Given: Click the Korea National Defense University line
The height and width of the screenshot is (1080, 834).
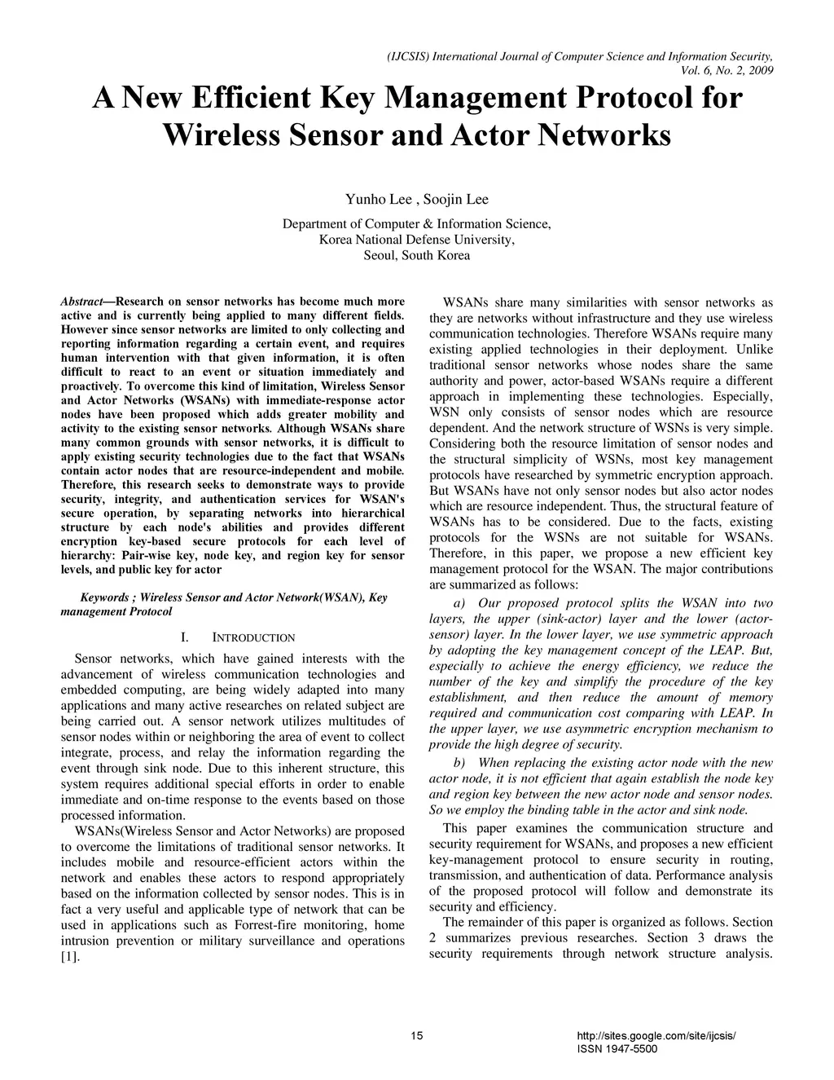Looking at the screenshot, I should [x=416, y=240].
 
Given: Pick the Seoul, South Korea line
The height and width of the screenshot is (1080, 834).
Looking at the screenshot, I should [x=416, y=255].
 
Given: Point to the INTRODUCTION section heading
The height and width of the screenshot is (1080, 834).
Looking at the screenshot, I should [x=253, y=637].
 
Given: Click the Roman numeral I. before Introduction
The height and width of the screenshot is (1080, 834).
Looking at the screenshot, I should [x=185, y=637].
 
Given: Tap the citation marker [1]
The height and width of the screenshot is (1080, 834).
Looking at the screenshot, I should [x=70, y=957].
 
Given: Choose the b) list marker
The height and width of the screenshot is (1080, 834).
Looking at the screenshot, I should [x=459, y=763].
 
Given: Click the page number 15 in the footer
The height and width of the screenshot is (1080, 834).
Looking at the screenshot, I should [x=417, y=1036].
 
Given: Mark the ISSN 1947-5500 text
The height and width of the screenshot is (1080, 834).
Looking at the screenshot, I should [x=617, y=1049].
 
